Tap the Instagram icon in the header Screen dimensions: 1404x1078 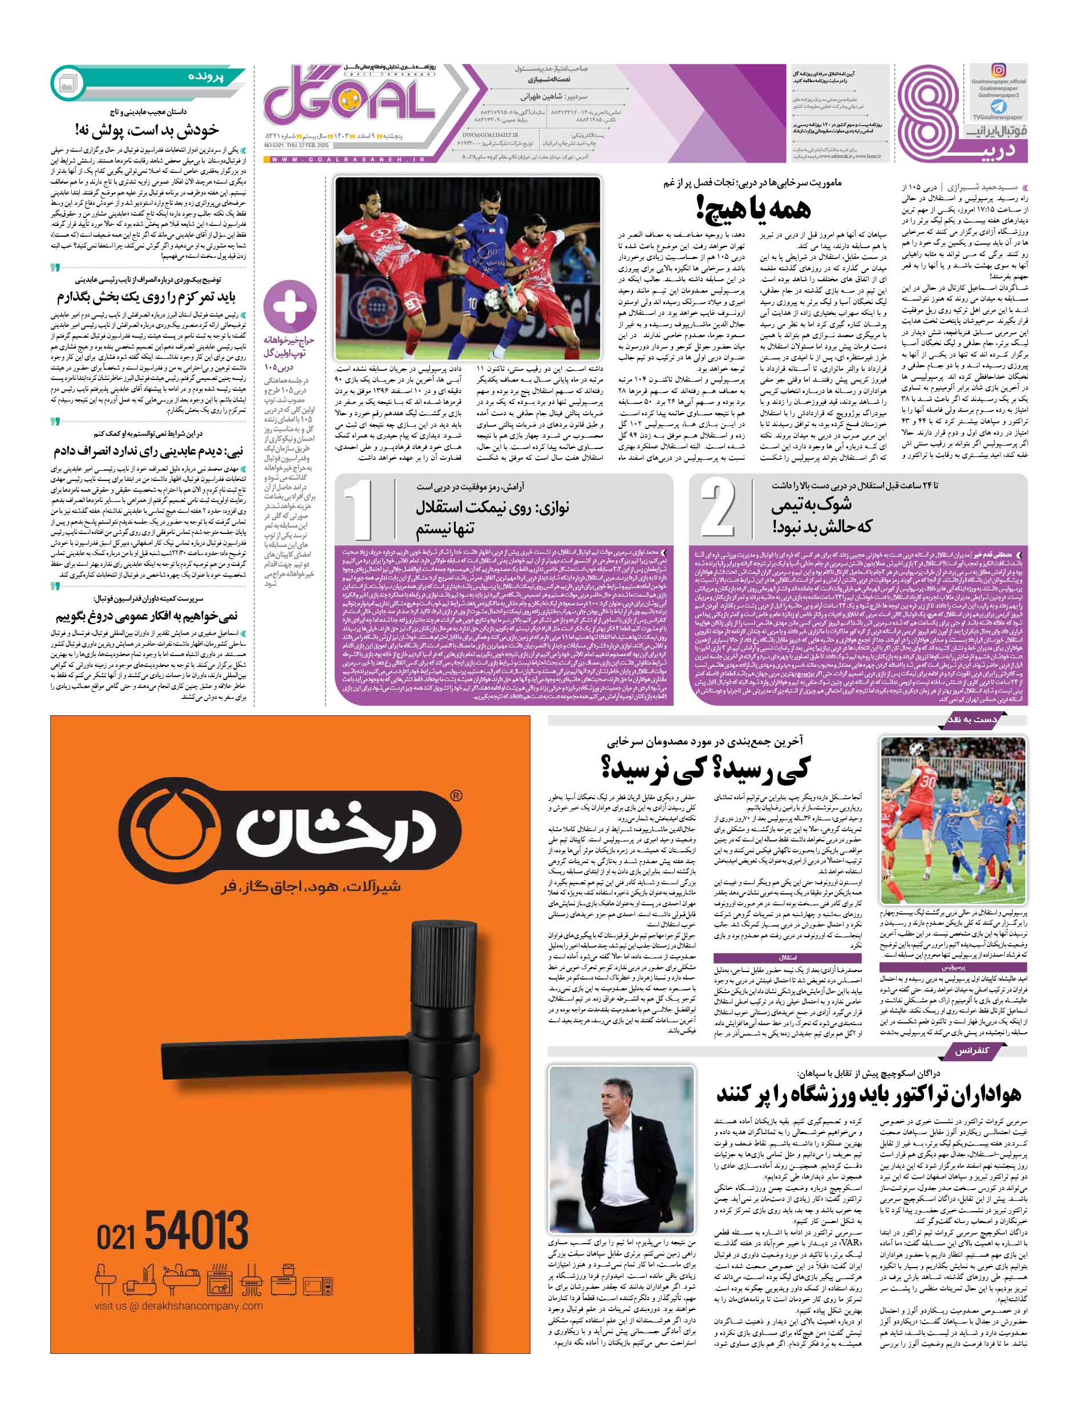tap(998, 71)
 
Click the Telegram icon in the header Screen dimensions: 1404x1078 tap(998, 107)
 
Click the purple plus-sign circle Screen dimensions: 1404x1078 tap(290, 307)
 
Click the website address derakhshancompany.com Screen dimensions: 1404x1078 tap(178, 1306)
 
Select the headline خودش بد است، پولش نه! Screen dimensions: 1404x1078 tap(147, 130)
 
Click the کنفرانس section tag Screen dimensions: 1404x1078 tap(971, 1050)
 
